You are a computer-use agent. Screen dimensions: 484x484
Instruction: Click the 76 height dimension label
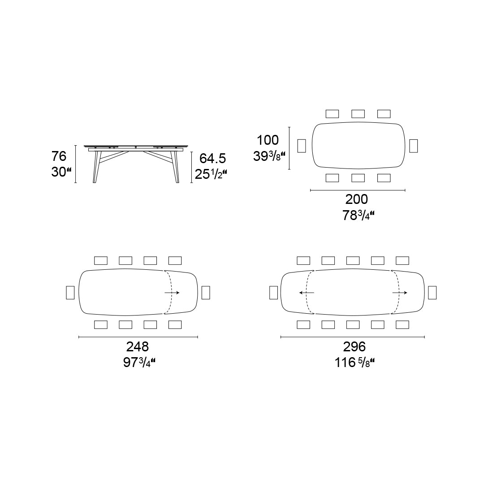click(59, 156)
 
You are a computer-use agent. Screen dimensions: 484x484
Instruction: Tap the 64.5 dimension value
click(212, 158)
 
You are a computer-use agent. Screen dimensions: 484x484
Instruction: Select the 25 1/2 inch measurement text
click(211, 173)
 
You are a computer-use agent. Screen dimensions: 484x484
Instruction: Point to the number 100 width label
click(268, 140)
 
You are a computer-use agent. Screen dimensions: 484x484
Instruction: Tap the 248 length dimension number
click(138, 346)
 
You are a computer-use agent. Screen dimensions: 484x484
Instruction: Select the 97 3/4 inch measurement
click(139, 362)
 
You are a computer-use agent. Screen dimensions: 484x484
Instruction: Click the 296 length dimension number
click(354, 346)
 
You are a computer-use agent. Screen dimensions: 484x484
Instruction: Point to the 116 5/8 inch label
click(354, 362)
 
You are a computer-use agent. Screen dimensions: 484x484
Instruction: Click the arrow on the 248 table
click(172, 293)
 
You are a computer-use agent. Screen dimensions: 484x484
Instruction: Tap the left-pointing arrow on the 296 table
click(307, 293)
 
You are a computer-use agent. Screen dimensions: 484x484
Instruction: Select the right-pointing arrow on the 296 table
click(400, 293)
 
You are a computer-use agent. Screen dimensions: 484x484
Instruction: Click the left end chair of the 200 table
click(302, 146)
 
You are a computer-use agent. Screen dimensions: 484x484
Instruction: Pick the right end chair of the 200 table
click(413, 146)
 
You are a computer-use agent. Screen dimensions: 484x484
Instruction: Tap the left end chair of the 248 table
click(70, 293)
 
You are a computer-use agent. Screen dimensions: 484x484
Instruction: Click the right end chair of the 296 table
click(432, 293)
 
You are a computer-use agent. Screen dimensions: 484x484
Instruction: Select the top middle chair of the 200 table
click(358, 114)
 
